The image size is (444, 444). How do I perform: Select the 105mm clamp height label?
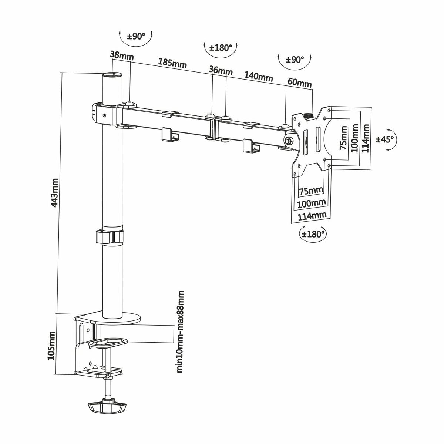[51, 345]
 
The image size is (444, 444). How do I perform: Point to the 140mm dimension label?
[258, 76]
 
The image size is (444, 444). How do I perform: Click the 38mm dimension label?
[121, 55]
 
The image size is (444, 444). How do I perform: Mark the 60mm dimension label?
[299, 83]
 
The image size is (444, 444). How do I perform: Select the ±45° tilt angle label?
[385, 139]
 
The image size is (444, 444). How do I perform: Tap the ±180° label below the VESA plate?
[313, 234]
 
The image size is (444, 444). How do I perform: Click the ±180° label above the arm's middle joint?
[221, 48]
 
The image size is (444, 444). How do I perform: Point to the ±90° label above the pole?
[136, 36]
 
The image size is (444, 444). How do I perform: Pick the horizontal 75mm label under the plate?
[311, 191]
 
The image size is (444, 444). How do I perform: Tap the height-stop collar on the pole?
[110, 236]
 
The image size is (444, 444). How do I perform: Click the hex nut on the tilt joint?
[288, 140]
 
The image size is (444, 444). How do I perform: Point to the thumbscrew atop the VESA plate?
[308, 116]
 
